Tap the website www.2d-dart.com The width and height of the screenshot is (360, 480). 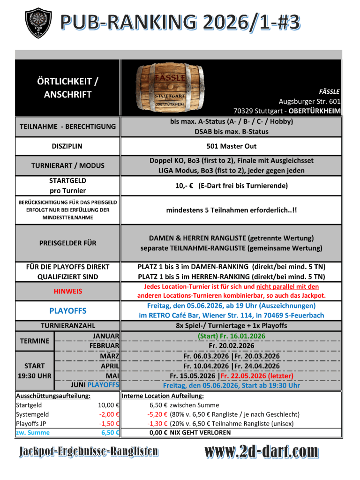262,452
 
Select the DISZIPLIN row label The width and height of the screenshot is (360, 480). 67,146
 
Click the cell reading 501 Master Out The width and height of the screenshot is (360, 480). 232,146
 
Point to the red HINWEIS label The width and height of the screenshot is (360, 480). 67,291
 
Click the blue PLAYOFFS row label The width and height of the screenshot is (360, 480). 67,310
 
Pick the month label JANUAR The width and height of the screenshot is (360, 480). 106,336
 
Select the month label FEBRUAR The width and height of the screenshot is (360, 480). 104,345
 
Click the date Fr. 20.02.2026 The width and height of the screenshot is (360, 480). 232,345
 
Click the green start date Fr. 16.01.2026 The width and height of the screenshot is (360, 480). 232,336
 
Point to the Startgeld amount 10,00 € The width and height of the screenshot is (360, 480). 108,405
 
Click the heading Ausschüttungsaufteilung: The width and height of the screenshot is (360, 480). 53,396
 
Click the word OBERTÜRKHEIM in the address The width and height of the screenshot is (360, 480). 315,111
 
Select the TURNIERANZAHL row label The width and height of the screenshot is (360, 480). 67,325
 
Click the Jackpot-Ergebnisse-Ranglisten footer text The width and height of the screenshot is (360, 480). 89,452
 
